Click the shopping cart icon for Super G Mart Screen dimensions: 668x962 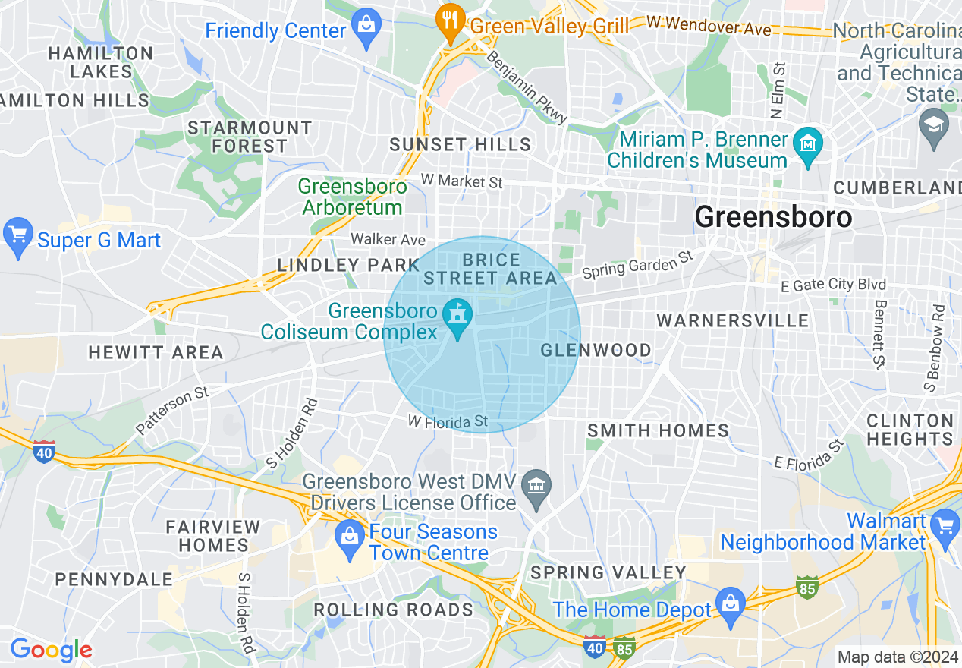[x=17, y=237]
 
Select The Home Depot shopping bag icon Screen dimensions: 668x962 [x=730, y=607]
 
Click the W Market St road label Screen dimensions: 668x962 [x=462, y=182]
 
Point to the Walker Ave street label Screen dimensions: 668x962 [x=388, y=239]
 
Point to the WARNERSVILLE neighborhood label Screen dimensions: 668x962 [x=733, y=320]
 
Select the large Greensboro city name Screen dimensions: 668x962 [x=773, y=218]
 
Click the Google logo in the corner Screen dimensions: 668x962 [x=51, y=651]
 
